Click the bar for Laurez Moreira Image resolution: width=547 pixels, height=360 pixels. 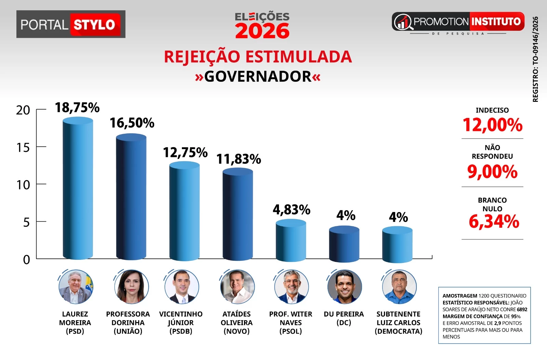(78, 188)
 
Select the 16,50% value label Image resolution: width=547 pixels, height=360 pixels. (132, 123)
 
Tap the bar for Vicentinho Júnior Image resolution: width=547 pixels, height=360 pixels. (184, 211)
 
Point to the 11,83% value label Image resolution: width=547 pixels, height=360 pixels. (239, 159)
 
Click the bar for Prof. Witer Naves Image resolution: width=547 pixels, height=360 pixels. (291, 241)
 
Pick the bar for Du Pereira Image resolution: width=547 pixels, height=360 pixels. (344, 244)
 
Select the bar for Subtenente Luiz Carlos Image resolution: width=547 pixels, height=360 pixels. (397, 244)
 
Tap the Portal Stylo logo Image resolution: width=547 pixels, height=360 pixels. (71, 24)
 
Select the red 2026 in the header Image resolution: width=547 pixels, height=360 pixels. (262, 31)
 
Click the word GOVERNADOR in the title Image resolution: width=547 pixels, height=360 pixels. (258, 77)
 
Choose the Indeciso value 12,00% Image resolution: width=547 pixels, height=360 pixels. (492, 125)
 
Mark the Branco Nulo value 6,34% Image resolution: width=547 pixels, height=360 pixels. (494, 222)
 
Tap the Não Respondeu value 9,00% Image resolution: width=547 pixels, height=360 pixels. (492, 171)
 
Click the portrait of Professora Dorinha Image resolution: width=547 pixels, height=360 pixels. (131, 287)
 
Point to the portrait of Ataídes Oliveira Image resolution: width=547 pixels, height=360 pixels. (237, 287)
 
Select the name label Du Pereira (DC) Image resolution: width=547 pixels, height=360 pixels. (344, 318)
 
